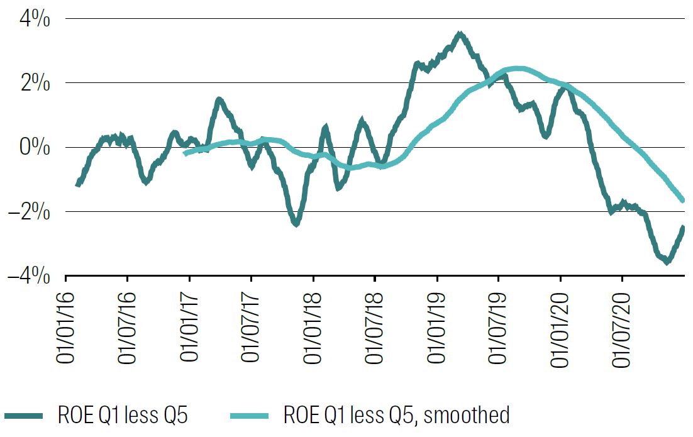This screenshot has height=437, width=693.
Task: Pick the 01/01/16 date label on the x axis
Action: (66, 324)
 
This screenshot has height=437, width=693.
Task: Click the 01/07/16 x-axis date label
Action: (128, 324)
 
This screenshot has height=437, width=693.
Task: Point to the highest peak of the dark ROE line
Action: (460, 34)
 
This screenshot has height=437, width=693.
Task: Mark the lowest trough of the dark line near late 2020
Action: (667, 261)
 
